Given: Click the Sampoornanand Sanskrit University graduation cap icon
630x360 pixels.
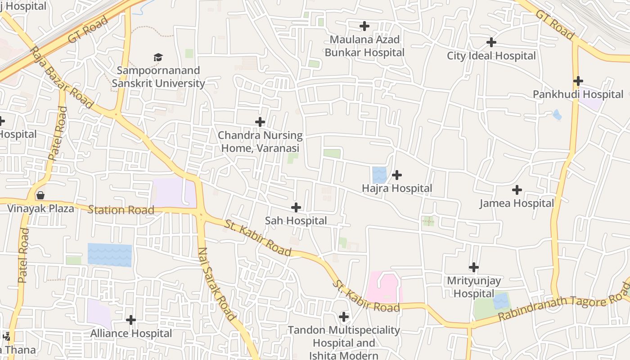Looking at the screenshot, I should point(157,57).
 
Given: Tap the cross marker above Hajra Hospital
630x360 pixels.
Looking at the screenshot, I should point(397,175).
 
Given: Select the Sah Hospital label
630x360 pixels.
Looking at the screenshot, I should point(296,221).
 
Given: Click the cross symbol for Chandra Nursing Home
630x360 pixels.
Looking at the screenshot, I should point(260,122).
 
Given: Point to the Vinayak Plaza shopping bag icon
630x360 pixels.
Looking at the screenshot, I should point(40,195).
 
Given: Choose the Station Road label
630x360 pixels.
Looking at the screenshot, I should point(121,210).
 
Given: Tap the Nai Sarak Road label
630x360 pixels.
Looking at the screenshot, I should point(216,284).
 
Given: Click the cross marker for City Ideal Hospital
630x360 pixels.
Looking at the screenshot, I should point(491,42).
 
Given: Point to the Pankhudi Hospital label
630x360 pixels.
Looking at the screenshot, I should point(578,94).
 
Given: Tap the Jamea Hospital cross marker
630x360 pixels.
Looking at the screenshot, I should point(517,190).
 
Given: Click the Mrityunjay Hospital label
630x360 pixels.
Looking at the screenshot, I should point(473,287).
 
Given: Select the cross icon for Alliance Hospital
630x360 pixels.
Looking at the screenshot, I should point(131,320).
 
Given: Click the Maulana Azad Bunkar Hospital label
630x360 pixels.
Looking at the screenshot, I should point(364,46).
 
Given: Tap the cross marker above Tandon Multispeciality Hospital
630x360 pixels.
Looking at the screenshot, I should point(344,317).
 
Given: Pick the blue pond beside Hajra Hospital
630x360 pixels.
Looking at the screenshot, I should point(379,175).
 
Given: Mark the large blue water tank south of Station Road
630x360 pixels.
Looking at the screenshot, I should point(110,254).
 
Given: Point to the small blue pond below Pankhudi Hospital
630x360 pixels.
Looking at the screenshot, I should point(557,115).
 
